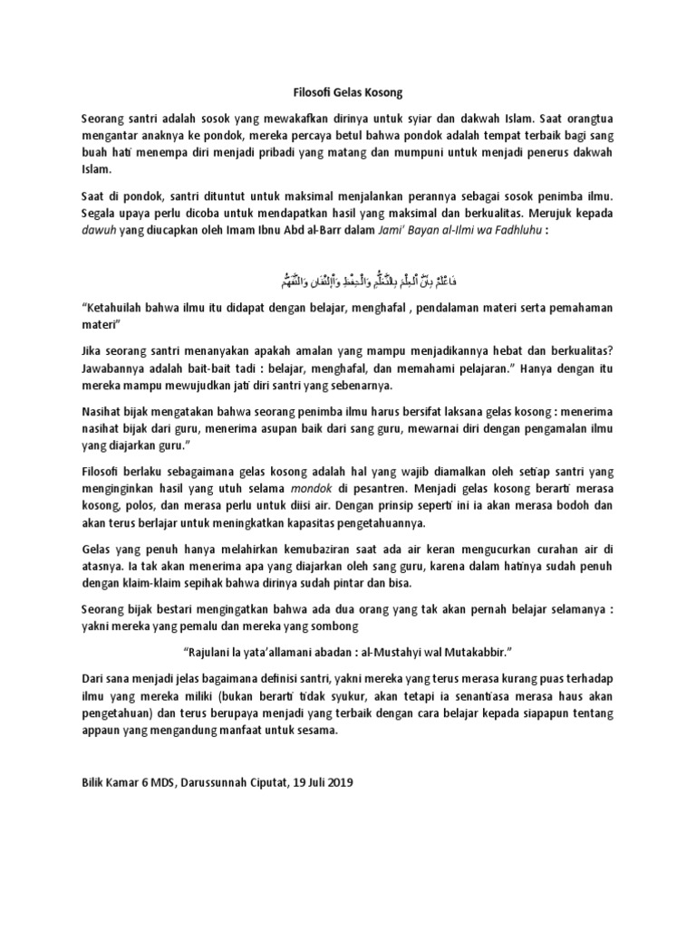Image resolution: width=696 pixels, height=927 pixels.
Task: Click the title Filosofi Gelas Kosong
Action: pyautogui.click(x=347, y=92)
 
